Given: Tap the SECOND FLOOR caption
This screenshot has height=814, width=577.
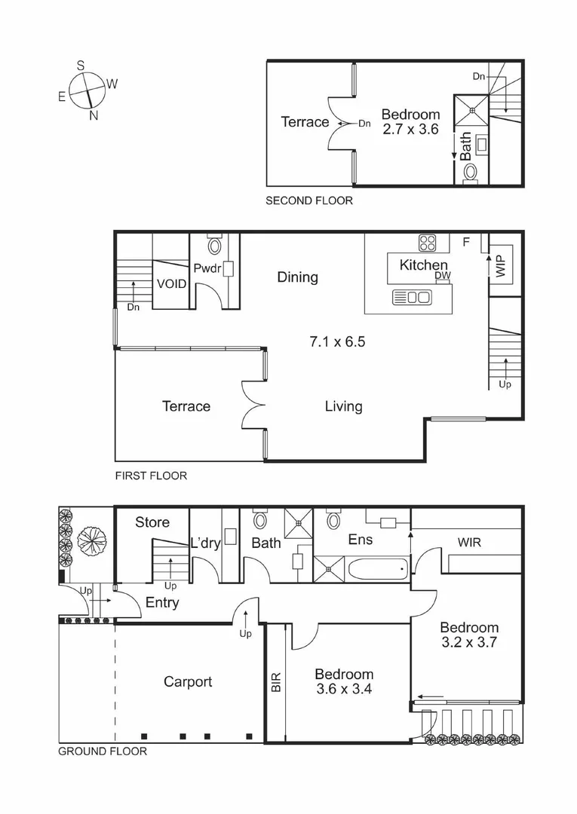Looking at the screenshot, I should coord(309,200).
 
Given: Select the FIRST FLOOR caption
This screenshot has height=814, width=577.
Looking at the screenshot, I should coord(151,476).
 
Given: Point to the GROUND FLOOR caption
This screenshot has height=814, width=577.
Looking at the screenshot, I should coord(103,751).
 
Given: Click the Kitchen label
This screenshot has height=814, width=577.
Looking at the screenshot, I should coord(423,265).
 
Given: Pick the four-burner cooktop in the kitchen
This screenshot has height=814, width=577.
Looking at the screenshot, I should coord(428,243).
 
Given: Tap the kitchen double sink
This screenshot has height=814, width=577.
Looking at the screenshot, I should coord(412,297).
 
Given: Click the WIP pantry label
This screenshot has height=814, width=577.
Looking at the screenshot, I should coord(499,266).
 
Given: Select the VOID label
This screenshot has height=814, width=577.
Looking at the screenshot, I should coord(170,284).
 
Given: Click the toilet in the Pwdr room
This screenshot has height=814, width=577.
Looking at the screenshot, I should coord(214,246).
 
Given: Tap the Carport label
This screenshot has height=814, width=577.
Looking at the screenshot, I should coord(188,681).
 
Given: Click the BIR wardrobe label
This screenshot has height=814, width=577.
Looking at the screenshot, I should coord(275,682).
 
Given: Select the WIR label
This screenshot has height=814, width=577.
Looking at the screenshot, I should coord(470,542).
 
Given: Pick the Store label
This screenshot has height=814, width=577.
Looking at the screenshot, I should coord(152,522).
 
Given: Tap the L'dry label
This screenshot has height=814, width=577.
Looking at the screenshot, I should coord(204,543).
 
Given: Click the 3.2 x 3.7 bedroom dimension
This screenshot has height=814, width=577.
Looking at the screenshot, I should coord(469,643).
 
